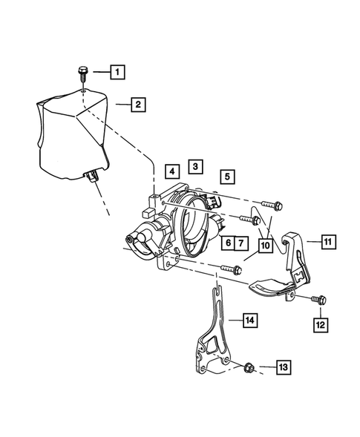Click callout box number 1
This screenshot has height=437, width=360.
tap(117, 72)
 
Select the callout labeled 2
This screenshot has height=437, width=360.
tap(137, 105)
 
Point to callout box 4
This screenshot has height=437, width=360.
tap(172, 171)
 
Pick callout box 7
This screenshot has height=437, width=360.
tap(243, 243)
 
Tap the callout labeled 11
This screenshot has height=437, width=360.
tap(328, 240)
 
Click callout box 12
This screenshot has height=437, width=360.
tap(320, 324)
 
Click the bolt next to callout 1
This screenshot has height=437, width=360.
tap(82, 73)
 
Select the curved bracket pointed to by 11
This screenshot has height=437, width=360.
tap(286, 278)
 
